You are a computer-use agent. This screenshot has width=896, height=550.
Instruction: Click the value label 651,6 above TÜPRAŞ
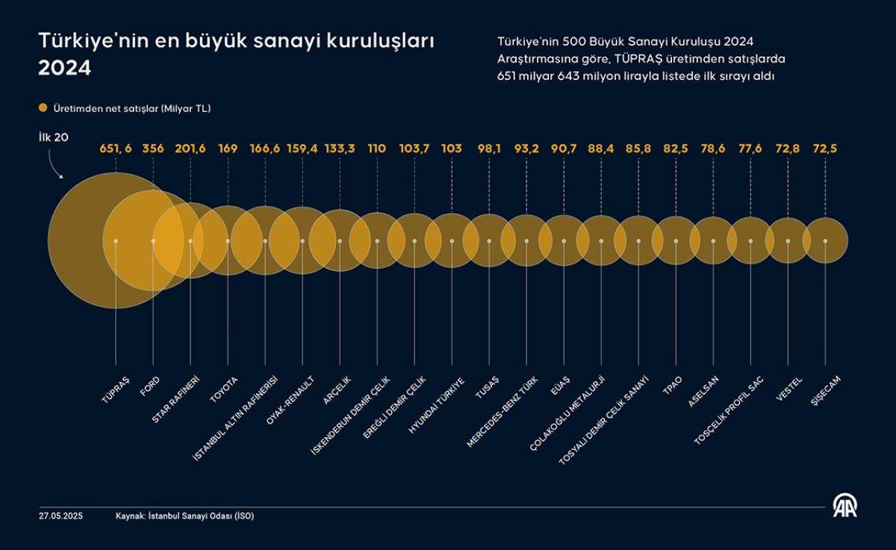pos(116,149)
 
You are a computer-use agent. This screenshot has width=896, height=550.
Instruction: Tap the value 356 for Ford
pos(153,149)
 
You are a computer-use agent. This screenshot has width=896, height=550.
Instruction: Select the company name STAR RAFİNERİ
pos(176,398)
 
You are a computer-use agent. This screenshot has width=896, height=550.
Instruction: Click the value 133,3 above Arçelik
pos(340,149)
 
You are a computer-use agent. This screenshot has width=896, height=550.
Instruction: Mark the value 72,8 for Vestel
pos(788,149)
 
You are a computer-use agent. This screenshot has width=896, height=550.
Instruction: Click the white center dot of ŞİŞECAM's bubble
pos(825,241)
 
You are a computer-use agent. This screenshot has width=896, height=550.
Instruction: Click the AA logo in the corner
pos(845,506)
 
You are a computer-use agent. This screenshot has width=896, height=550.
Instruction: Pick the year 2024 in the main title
pos(65,68)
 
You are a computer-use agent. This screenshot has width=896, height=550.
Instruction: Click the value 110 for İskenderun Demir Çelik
pos(377,149)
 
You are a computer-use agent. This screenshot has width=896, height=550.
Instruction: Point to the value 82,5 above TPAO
pos(676,149)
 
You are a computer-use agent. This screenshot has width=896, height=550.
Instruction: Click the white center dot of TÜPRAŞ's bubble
pos(116,241)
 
